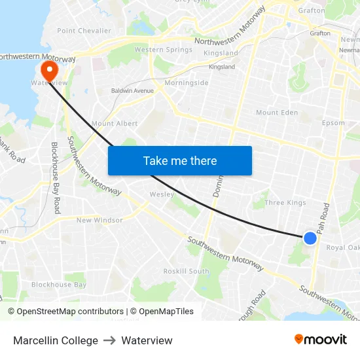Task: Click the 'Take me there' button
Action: pyautogui.click(x=180, y=160)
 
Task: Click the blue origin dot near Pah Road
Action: pyautogui.click(x=310, y=238)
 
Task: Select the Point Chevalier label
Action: pyautogui.click(x=84, y=31)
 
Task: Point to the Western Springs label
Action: pyautogui.click(x=163, y=50)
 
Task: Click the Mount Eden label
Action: pyautogui.click(x=276, y=113)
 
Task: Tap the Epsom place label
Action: pyautogui.click(x=333, y=123)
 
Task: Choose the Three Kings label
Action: pyautogui.click(x=285, y=203)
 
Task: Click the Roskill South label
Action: pyautogui.click(x=186, y=271)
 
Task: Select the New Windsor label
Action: pyautogui.click(x=99, y=221)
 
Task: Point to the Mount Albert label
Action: pyautogui.click(x=115, y=123)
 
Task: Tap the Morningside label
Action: pyautogui.click(x=187, y=83)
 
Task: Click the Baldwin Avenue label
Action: pyautogui.click(x=132, y=90)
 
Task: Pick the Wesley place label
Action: pyautogui.click(x=162, y=194)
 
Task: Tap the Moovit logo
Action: pyautogui.click(x=321, y=339)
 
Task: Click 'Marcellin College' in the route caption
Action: pyautogui.click(x=56, y=340)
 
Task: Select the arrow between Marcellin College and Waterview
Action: pyautogui.click(x=109, y=340)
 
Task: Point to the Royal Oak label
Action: pyautogui.click(x=342, y=247)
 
